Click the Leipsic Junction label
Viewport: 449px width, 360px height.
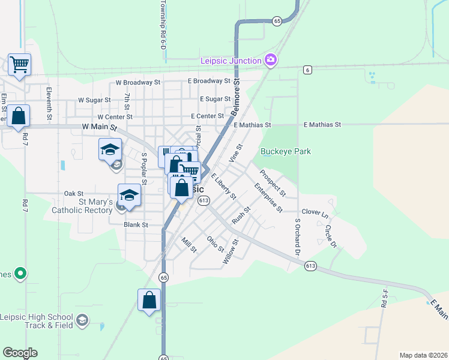pos(231,61)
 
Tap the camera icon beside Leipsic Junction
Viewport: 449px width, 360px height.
pos(271,59)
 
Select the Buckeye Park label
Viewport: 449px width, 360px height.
pos(286,152)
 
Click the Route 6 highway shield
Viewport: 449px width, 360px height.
pos(307,70)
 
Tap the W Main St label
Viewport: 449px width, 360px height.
pos(98,127)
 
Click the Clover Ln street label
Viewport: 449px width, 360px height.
pos(316,213)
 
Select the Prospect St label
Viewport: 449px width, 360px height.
pos(273,182)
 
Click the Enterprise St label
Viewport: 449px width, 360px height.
pos(268,199)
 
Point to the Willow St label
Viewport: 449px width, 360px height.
pos(230,251)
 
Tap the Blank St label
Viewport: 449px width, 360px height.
pos(136,225)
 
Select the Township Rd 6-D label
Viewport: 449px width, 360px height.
pos(162,25)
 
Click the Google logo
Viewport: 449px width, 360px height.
pos(20,353)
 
